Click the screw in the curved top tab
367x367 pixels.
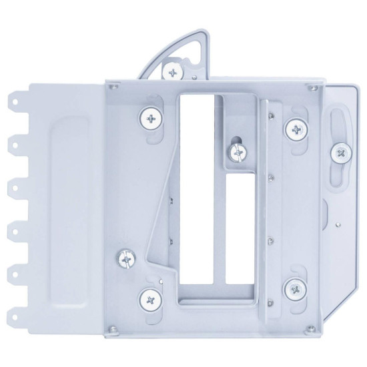point(173,70)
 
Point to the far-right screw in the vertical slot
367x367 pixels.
point(341,153)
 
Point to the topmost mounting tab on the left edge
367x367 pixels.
point(15,103)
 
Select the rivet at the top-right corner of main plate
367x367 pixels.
point(309,87)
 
